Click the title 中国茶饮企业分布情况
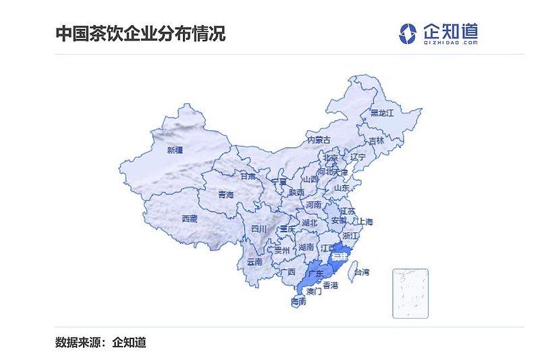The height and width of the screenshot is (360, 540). click(x=140, y=33)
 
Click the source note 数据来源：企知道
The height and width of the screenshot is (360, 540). click(x=101, y=342)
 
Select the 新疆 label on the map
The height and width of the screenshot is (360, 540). click(x=175, y=150)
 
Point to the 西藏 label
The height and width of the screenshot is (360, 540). click(x=190, y=218)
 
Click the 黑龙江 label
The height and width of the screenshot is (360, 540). click(x=381, y=113)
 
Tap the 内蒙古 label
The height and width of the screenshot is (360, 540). click(x=319, y=140)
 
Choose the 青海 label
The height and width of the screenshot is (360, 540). click(x=225, y=195)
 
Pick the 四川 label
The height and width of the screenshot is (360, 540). click(x=259, y=229)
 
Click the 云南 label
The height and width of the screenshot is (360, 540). click(x=254, y=261)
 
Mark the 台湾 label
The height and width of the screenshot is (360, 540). click(x=362, y=272)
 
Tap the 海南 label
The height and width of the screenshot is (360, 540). click(x=298, y=301)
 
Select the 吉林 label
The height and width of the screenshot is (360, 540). click(x=376, y=141)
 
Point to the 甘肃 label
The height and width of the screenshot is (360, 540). click(x=248, y=176)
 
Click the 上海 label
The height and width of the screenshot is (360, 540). click(x=364, y=222)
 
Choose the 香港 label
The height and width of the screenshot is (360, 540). click(x=330, y=286)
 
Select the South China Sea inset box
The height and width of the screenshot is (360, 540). click(x=410, y=292)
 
